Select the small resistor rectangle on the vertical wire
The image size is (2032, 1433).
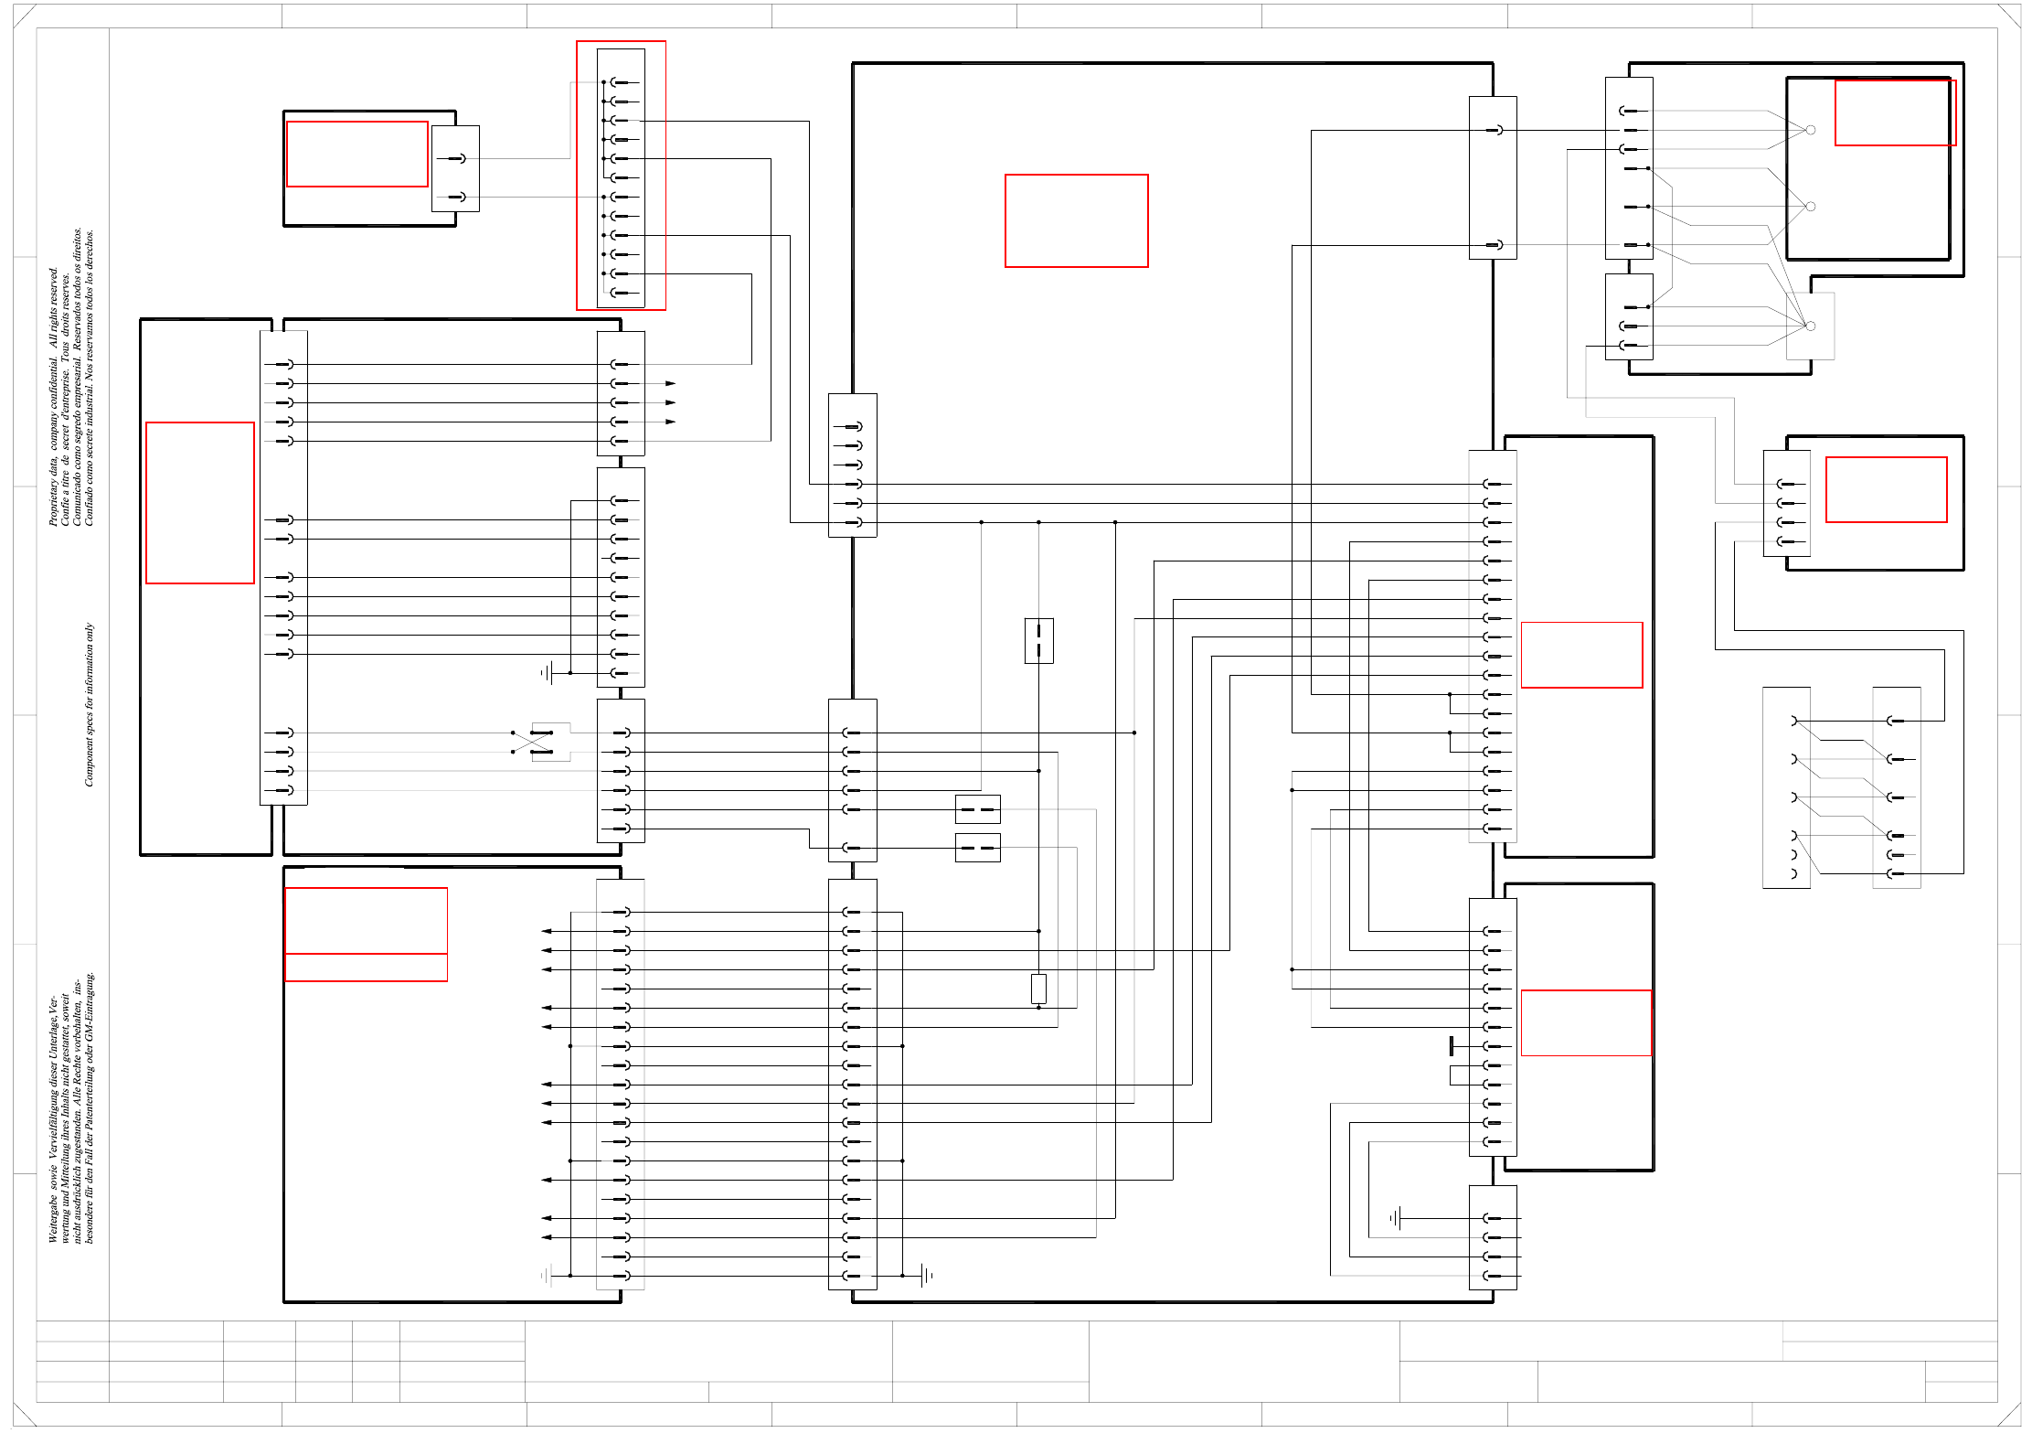pos(1038,989)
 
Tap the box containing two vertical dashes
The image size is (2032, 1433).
pos(1039,640)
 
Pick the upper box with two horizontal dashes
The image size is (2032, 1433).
pos(977,809)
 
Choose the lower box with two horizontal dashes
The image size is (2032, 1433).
pos(977,848)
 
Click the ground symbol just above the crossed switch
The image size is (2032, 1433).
pos(547,674)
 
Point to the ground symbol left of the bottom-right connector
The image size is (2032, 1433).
pos(1395,1218)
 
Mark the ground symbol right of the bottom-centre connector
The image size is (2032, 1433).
pos(927,1275)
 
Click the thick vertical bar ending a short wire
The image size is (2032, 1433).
pos(1452,1046)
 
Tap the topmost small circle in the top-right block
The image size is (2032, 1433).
pos(1810,130)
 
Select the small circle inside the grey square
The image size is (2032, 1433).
pos(1810,326)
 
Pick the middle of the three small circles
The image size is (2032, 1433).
pos(1810,207)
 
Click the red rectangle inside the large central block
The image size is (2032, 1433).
pos(1076,220)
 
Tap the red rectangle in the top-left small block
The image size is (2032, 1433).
pos(356,154)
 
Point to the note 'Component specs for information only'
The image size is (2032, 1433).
pos(89,704)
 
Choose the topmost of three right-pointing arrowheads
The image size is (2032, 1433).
pos(670,383)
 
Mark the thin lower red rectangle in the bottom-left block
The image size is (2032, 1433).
pos(366,968)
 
